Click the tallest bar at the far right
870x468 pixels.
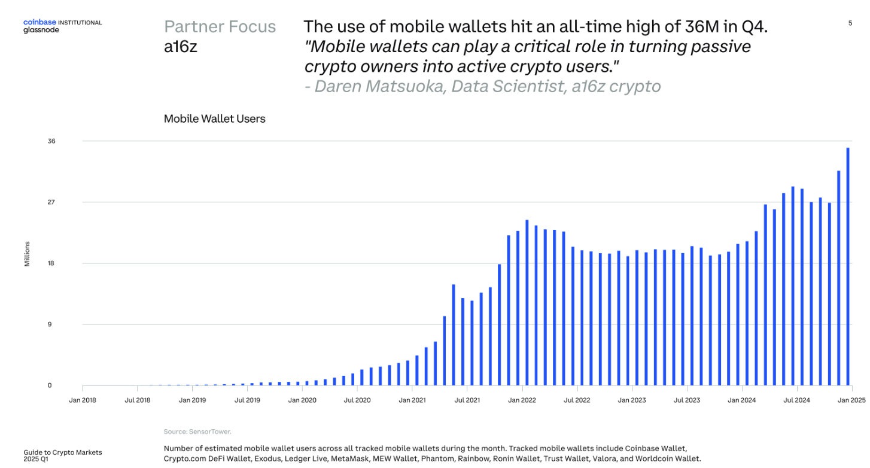click(x=848, y=266)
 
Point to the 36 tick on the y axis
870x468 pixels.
click(x=51, y=141)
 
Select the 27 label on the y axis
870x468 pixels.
click(x=51, y=202)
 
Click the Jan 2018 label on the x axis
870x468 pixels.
click(x=83, y=400)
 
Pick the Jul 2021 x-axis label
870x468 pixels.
click(x=467, y=400)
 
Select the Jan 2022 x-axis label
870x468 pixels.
click(x=522, y=400)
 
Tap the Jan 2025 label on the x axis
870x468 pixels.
click(x=851, y=400)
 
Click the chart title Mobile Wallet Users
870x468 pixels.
click(x=214, y=118)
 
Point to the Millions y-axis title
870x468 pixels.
click(x=27, y=254)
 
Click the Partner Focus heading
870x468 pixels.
click(x=220, y=27)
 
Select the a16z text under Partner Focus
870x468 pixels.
click(x=181, y=47)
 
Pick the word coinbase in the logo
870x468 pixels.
click(x=39, y=22)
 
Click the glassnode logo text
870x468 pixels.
click(x=41, y=30)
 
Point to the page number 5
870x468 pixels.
click(x=850, y=23)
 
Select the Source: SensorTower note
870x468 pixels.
click(x=197, y=431)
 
